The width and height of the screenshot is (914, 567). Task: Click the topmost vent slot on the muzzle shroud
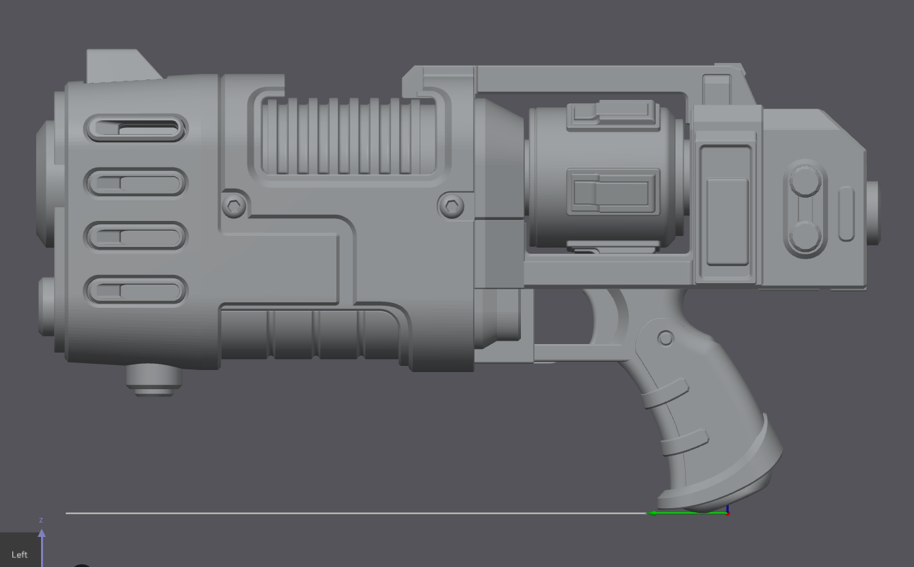135,128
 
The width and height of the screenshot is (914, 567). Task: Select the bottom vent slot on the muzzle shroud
135,291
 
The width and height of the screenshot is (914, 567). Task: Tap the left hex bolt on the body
233,205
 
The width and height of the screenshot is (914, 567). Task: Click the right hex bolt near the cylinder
451,205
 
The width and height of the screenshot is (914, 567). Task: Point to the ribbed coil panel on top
349,135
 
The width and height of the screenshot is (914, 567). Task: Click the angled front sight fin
123,66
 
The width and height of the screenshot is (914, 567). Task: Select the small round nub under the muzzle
153,379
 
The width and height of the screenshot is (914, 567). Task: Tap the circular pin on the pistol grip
665,338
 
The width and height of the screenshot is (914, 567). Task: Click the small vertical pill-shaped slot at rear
846,213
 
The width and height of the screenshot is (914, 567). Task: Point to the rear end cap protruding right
873,212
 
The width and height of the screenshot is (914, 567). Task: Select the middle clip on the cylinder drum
613,192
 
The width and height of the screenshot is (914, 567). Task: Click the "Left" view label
19,555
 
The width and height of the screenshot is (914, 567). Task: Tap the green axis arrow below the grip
684,512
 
